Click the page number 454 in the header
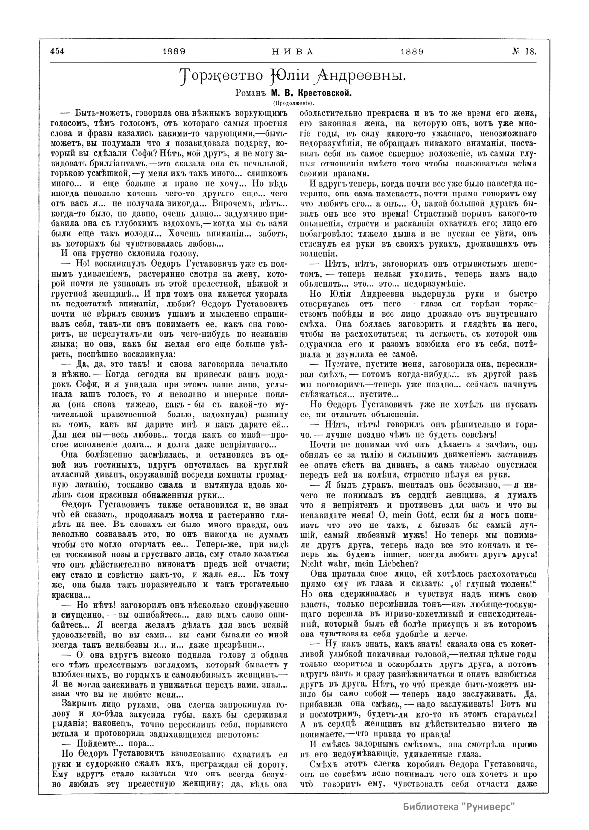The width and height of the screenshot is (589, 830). point(57,51)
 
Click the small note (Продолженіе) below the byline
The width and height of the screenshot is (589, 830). point(294,103)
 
